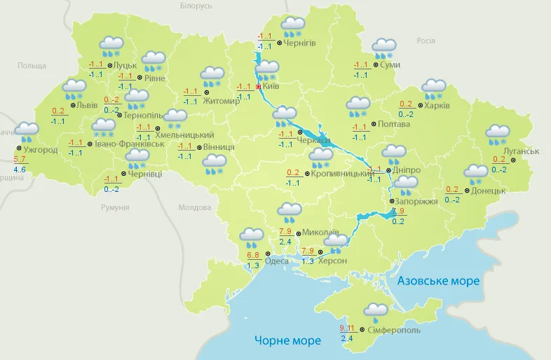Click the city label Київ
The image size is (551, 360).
(x=271, y=87)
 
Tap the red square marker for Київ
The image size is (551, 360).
(x=258, y=87)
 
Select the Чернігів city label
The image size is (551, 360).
(x=300, y=43)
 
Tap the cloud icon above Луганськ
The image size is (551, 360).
(x=498, y=133)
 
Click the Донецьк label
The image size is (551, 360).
(x=488, y=190)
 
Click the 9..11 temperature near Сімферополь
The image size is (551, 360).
(x=347, y=327)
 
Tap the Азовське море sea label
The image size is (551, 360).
(x=438, y=281)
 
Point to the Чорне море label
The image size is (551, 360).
(x=287, y=340)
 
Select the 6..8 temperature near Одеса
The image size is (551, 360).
(x=254, y=255)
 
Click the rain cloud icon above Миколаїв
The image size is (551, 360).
(x=289, y=211)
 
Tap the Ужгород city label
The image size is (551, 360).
(x=40, y=150)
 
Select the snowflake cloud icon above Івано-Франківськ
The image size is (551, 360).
(x=104, y=127)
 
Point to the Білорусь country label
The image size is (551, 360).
(x=196, y=6)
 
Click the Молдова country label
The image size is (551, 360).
(x=194, y=208)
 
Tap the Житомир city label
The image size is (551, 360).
(x=221, y=100)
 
